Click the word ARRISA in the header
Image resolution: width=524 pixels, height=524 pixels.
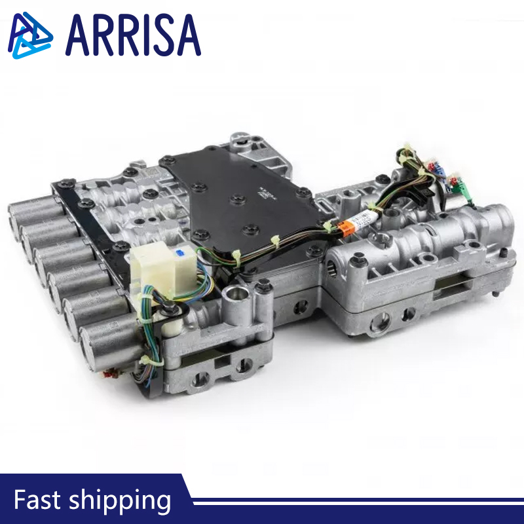coord(133,35)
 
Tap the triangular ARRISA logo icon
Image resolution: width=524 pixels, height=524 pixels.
coord(30,35)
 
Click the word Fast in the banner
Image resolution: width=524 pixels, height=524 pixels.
coord(37,500)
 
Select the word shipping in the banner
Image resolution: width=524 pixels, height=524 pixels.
coord(120,501)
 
